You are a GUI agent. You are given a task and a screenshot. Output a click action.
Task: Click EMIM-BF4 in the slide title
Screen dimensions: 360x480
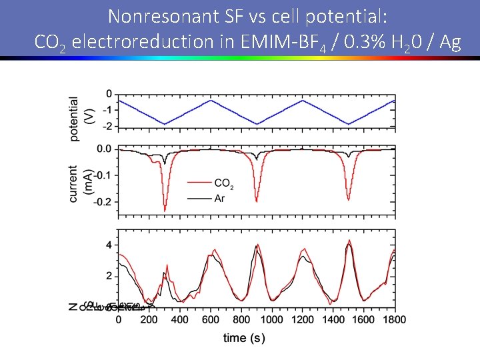click(x=299, y=42)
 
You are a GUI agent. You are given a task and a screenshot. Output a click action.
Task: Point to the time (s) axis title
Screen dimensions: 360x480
click(x=244, y=338)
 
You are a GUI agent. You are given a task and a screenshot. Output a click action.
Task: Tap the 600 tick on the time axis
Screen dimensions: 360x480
click(x=211, y=320)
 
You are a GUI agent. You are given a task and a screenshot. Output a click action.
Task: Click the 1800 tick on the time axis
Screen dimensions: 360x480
click(x=395, y=320)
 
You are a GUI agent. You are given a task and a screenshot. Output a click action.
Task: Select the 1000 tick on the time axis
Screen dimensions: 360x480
click(x=272, y=320)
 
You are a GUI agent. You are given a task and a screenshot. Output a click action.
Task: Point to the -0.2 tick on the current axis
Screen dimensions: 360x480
click(x=103, y=202)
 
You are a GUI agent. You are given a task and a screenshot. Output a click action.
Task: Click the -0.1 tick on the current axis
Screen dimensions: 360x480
click(x=103, y=175)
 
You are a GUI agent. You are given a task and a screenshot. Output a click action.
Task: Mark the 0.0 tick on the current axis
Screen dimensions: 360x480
click(x=105, y=149)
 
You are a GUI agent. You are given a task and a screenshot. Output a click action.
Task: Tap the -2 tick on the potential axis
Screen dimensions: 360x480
click(x=107, y=126)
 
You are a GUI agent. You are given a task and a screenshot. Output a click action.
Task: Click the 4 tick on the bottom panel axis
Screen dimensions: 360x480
click(x=109, y=245)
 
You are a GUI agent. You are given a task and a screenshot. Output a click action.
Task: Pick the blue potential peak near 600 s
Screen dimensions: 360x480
click(x=211, y=101)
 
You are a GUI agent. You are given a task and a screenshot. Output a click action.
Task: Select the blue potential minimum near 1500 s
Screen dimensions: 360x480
click(x=349, y=124)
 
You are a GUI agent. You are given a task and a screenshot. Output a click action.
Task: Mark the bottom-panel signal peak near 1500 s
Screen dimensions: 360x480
click(x=349, y=241)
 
